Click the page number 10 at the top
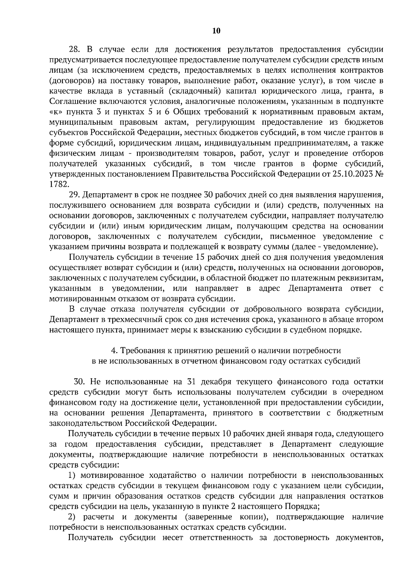pyautogui.click(x=216, y=31)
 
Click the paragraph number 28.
pyautogui.click(x=75, y=50)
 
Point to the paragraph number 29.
pyautogui.click(x=75, y=195)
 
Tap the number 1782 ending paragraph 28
pyautogui.click(x=59, y=184)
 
